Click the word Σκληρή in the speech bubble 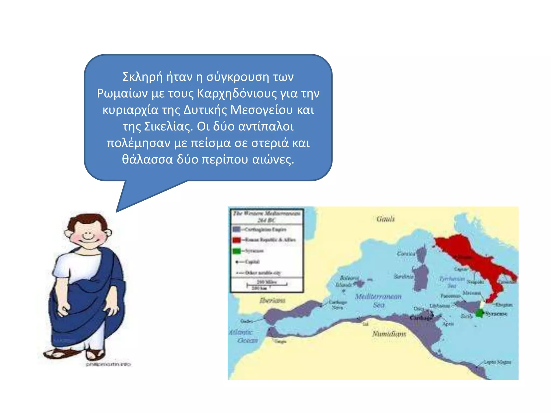(x=143, y=77)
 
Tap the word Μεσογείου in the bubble (x=261, y=110)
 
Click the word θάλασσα (x=147, y=159)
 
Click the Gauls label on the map (x=386, y=219)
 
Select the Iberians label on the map (x=272, y=300)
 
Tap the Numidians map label (x=389, y=334)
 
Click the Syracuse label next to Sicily (x=496, y=314)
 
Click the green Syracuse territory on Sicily (x=479, y=313)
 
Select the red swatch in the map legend (x=236, y=240)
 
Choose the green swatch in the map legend (x=236, y=251)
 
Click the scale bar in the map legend (x=267, y=284)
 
